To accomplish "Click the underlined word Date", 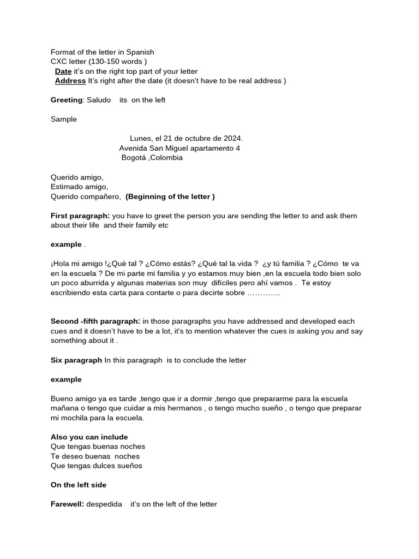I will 63,72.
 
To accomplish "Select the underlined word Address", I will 70,81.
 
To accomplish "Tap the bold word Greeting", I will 67,100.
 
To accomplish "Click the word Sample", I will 64,119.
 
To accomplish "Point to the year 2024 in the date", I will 232,139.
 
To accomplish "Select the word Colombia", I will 167,158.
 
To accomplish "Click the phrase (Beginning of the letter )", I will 170,197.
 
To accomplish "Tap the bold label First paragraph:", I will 80,216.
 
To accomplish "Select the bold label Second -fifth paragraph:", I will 95,322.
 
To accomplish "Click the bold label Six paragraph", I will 76,360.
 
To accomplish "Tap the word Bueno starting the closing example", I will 62,399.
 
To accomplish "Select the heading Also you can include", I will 89,437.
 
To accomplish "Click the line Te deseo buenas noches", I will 95,456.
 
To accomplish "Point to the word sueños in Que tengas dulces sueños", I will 129,466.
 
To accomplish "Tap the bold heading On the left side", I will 79,485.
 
